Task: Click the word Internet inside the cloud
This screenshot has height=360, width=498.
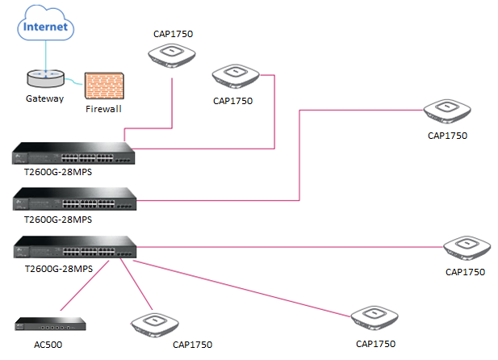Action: tap(47, 27)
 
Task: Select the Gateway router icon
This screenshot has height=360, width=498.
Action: tap(45, 77)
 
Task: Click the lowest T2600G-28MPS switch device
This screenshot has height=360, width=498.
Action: tap(73, 247)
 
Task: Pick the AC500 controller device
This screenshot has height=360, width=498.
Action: tap(50, 324)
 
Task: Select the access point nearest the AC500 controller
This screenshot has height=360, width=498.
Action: tap(153, 324)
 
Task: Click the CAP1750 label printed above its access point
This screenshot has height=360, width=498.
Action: tap(173, 34)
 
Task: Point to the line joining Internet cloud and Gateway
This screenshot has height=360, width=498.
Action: tap(45, 56)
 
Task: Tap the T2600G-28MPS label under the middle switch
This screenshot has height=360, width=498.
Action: tap(58, 219)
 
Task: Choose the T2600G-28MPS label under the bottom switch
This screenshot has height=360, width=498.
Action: tap(58, 268)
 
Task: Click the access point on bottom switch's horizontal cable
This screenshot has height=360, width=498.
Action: tap(466, 245)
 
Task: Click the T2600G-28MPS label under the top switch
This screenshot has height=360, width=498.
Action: tap(58, 172)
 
